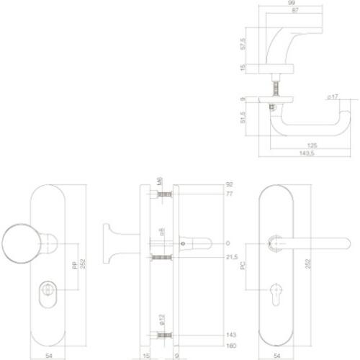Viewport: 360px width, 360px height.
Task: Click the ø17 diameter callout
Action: (332, 97)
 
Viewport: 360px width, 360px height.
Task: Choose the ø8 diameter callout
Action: (163, 232)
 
